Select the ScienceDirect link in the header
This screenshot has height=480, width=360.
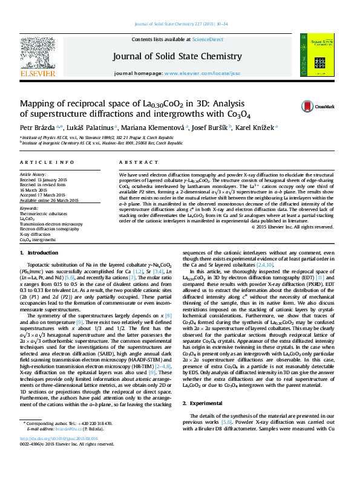point(208,39)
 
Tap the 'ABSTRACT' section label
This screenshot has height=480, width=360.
point(134,163)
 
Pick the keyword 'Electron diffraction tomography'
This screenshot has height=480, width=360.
point(49,229)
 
